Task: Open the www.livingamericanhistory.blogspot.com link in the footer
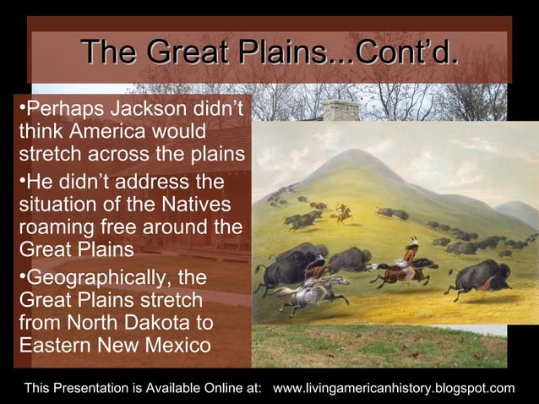click(x=395, y=388)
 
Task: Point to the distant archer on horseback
click(x=342, y=211)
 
